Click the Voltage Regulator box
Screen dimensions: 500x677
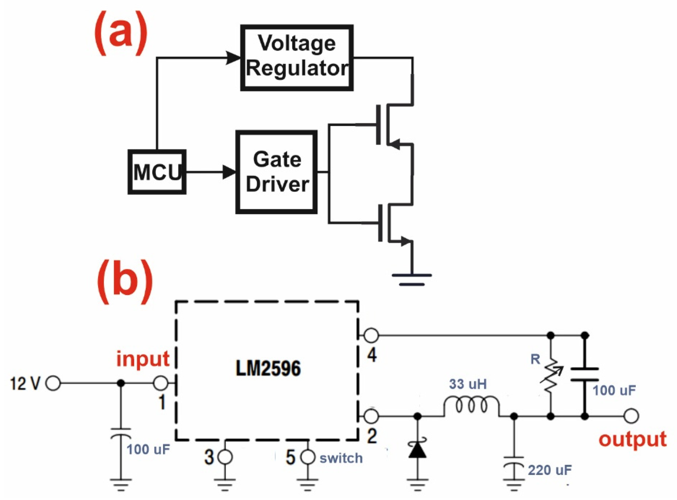297,57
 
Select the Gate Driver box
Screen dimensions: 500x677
276,172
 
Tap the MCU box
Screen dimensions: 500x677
157,172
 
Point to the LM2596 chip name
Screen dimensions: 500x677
268,369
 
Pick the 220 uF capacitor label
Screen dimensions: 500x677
550,470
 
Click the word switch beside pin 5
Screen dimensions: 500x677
341,458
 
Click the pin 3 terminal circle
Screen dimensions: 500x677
225,457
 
